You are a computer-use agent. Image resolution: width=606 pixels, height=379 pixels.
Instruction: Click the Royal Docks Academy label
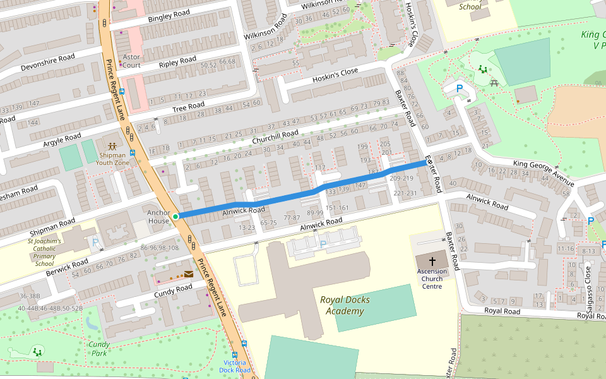345,305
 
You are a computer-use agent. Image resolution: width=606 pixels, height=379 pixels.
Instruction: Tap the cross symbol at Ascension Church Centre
432,261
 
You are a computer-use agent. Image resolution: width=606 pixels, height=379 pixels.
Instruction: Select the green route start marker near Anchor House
175,216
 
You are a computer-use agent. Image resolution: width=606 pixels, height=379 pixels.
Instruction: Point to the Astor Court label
131,61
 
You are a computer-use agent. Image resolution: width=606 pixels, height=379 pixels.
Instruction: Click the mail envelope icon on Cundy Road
189,274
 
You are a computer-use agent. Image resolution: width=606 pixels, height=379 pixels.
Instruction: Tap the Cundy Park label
99,349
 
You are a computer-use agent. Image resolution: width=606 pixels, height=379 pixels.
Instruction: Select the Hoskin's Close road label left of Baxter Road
335,76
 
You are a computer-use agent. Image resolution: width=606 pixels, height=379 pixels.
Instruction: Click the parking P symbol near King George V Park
460,89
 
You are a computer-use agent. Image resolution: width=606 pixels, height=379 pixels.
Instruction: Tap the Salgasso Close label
588,289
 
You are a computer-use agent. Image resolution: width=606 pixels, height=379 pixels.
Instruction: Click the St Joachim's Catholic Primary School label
44,252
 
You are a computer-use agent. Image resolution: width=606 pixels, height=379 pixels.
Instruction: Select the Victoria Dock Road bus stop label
235,366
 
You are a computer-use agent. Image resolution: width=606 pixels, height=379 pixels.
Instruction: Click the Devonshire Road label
47,62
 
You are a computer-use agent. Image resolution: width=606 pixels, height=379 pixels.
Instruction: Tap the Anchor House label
158,217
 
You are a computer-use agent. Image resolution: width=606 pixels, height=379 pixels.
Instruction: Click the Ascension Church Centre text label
432,279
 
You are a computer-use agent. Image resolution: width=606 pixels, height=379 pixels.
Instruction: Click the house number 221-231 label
405,193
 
